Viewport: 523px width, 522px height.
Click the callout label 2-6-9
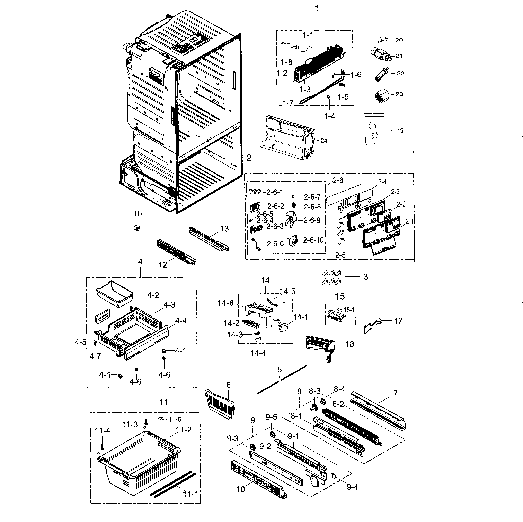pyautogui.click(x=312, y=220)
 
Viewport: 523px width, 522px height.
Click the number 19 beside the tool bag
pyautogui.click(x=400, y=131)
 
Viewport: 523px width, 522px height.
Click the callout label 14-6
pyautogui.click(x=225, y=303)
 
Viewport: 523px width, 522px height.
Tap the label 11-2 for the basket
pyautogui.click(x=184, y=430)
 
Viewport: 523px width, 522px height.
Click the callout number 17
pyautogui.click(x=398, y=321)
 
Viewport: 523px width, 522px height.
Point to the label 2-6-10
pyautogui.click(x=313, y=240)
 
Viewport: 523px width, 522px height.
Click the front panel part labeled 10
pyautogui.click(x=257, y=480)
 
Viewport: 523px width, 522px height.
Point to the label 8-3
pyautogui.click(x=314, y=391)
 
